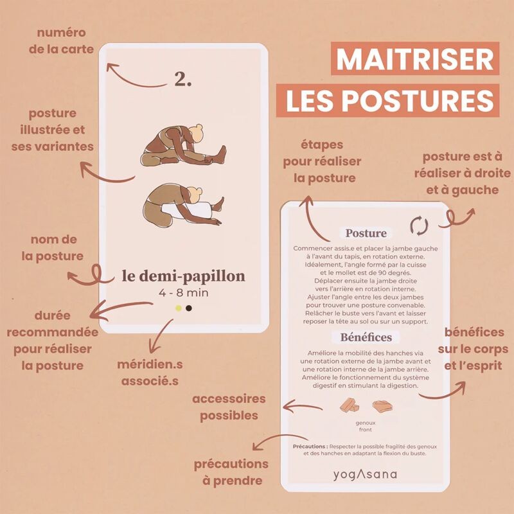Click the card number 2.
pos(182,79)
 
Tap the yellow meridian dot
pos(179,308)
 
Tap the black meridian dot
pos(189,308)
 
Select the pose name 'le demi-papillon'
pos(183,276)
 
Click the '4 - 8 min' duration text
pos(184,292)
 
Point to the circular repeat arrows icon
pos(420,226)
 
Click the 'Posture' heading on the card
pos(366,233)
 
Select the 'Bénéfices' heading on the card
pos(366,337)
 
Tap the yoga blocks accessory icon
pos(350,405)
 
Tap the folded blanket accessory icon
pos(382,407)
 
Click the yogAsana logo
pos(365,474)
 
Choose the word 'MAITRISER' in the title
pos(414,59)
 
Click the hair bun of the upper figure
pos(199,127)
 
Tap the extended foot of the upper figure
pos(222,154)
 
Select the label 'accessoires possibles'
pos(229,407)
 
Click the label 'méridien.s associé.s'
pos(150,373)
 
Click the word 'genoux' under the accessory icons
pos(366,423)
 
